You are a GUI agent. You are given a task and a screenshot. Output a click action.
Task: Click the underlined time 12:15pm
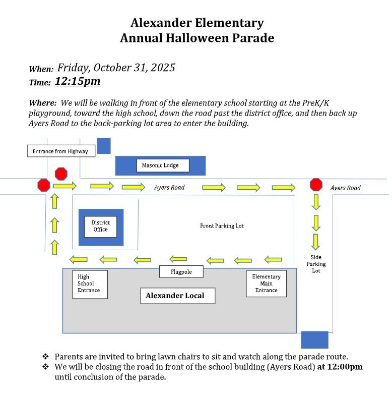click(78, 81)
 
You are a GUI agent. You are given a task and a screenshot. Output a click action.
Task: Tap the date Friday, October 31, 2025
click(116, 68)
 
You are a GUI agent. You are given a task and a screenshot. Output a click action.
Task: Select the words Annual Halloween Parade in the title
click(197, 38)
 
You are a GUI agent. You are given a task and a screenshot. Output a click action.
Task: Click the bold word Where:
click(42, 103)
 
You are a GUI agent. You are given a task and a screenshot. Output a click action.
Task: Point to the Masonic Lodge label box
click(157, 165)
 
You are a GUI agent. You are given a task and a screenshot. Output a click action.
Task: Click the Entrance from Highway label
click(60, 151)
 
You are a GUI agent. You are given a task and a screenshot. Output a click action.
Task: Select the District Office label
click(100, 226)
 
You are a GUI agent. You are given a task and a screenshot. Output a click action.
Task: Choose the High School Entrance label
click(89, 283)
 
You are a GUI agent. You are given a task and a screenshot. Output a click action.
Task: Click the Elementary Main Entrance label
click(266, 283)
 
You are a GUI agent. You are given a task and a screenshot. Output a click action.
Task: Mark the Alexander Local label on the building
click(177, 296)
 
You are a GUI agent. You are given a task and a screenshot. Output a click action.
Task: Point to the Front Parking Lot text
click(222, 226)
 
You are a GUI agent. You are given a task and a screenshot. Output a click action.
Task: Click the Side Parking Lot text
click(316, 264)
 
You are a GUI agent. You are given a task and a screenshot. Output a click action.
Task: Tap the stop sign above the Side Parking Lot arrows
click(316, 184)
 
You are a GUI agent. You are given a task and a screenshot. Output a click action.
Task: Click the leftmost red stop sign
click(44, 185)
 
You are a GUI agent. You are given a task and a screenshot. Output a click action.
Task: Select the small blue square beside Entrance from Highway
click(104, 146)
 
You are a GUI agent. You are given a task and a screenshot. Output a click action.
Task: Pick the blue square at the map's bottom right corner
click(314, 339)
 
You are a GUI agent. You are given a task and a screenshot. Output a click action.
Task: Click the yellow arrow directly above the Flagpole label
click(178, 259)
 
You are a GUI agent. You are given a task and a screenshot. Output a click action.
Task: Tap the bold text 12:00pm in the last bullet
click(340, 367)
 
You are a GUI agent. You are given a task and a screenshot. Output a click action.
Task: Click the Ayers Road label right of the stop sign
click(346, 188)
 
